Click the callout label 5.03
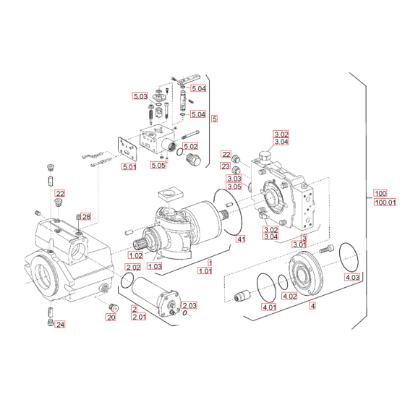point(140,96)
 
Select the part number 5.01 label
point(129,168)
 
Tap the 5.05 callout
point(159,166)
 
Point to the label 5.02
point(191,147)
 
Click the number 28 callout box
point(86,217)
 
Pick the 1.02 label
point(135,255)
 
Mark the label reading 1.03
point(153,266)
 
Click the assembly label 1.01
point(206,270)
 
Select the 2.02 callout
point(133,268)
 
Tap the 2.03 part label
point(189,305)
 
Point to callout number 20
point(111,317)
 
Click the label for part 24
point(60,325)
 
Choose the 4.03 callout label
point(351,278)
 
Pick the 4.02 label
point(289,296)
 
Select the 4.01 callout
point(269,308)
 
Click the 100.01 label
point(385,203)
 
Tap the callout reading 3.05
point(234,187)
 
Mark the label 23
point(226,166)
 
